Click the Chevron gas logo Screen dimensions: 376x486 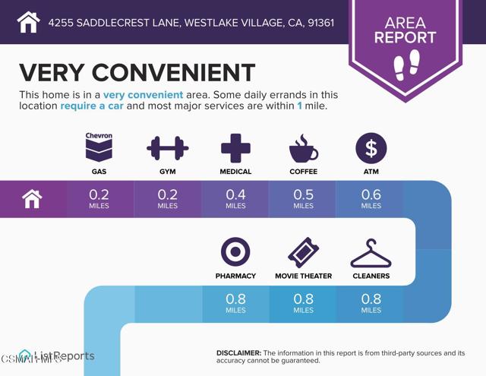pos(99,147)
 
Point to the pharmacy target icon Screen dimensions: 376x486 pos(235,252)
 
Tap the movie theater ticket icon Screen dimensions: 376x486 pos(303,252)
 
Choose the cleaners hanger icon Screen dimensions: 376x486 pos(371,253)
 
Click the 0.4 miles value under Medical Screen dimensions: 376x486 pos(235,199)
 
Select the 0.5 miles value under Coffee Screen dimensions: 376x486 pos(303,199)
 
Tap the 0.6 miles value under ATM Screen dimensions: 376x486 pos(371,199)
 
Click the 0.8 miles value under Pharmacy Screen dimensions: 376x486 pos(235,304)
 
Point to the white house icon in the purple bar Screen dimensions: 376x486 pos(32,199)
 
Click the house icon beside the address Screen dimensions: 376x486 pos(27,22)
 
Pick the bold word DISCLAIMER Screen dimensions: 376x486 pos(239,353)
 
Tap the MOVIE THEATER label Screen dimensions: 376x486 pos(303,276)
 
